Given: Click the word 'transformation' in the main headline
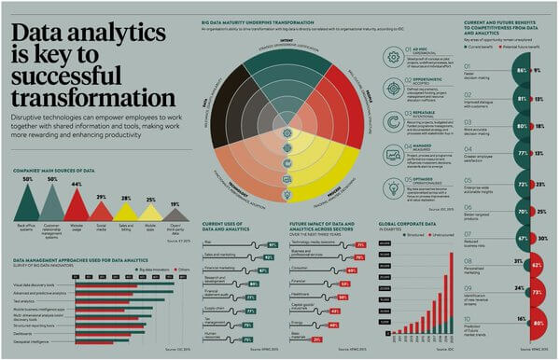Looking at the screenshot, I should click(92, 96).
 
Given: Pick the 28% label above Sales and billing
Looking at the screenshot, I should click(126, 199).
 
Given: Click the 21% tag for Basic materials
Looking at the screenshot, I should click(317, 339).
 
